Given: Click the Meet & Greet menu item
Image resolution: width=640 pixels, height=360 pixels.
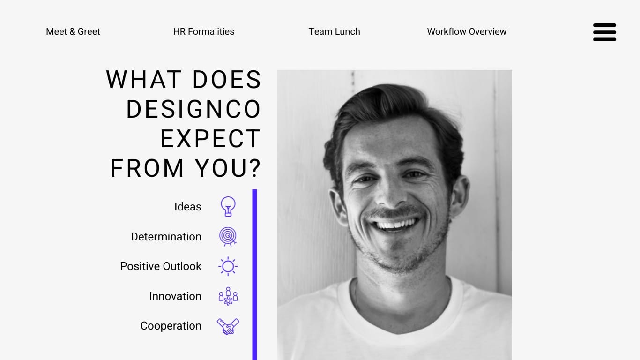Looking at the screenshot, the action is [73, 31].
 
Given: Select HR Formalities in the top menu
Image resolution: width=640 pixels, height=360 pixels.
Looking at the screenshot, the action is [204, 31].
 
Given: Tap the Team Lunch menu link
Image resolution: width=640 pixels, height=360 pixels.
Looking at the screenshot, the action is [334, 31].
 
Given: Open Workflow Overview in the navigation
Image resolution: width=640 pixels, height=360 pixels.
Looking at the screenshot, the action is [467, 31].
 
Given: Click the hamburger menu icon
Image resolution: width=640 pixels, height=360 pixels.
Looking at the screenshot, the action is [604, 32].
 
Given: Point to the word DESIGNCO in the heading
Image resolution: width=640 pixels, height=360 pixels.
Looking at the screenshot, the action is [193, 109].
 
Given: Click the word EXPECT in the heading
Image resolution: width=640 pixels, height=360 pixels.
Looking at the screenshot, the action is [210, 138].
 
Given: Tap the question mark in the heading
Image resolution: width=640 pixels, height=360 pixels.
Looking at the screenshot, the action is [255, 168].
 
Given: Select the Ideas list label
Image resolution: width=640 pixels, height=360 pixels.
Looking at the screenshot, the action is [188, 207].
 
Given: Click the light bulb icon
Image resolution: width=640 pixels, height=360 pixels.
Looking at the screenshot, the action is [228, 206].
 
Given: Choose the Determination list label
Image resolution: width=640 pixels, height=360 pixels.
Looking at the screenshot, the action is [166, 237].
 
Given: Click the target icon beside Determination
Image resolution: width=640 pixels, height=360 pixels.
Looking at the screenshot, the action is [228, 236].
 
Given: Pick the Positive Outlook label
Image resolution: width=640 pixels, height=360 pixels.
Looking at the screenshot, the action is [161, 266].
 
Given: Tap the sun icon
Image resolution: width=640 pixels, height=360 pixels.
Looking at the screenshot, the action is [228, 266].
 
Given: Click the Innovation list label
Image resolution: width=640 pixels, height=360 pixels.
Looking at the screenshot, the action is [175, 296].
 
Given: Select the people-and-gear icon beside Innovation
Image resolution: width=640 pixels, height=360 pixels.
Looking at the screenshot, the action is [228, 296].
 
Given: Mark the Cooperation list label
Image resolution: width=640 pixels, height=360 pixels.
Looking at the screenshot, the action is [171, 326].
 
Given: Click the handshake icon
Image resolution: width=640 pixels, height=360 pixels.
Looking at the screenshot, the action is [228, 326].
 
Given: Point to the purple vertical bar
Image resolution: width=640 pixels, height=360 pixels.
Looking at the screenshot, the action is [254, 275].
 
